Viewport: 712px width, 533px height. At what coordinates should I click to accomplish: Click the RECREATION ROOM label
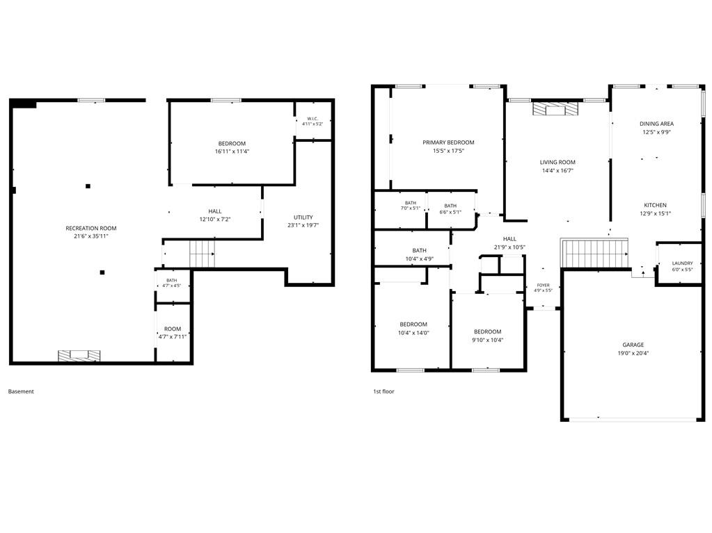click(90, 228)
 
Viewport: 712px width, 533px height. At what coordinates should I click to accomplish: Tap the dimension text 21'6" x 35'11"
click(90, 236)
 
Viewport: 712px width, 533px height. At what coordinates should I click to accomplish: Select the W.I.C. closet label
click(313, 119)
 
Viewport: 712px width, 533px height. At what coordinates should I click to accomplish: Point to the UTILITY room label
click(303, 217)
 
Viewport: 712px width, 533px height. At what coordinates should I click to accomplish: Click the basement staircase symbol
click(202, 254)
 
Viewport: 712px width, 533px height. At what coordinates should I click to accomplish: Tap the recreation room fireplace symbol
click(79, 356)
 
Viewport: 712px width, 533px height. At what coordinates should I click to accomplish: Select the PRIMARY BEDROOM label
click(448, 142)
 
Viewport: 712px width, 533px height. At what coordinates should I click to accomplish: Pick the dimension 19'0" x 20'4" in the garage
click(633, 353)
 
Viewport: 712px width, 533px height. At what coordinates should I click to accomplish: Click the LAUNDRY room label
click(683, 263)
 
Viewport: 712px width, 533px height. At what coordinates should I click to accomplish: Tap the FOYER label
click(543, 285)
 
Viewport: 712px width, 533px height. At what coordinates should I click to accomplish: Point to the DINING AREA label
click(656, 124)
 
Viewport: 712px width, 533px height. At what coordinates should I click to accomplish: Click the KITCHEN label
click(655, 205)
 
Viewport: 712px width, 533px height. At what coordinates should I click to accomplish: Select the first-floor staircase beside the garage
click(595, 254)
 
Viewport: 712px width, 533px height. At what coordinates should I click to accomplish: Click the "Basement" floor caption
click(21, 391)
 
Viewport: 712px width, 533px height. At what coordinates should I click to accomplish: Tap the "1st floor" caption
click(383, 391)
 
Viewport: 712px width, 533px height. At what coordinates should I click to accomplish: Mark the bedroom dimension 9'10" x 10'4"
click(488, 340)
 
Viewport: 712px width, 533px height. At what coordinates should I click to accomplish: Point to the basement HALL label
click(215, 211)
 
